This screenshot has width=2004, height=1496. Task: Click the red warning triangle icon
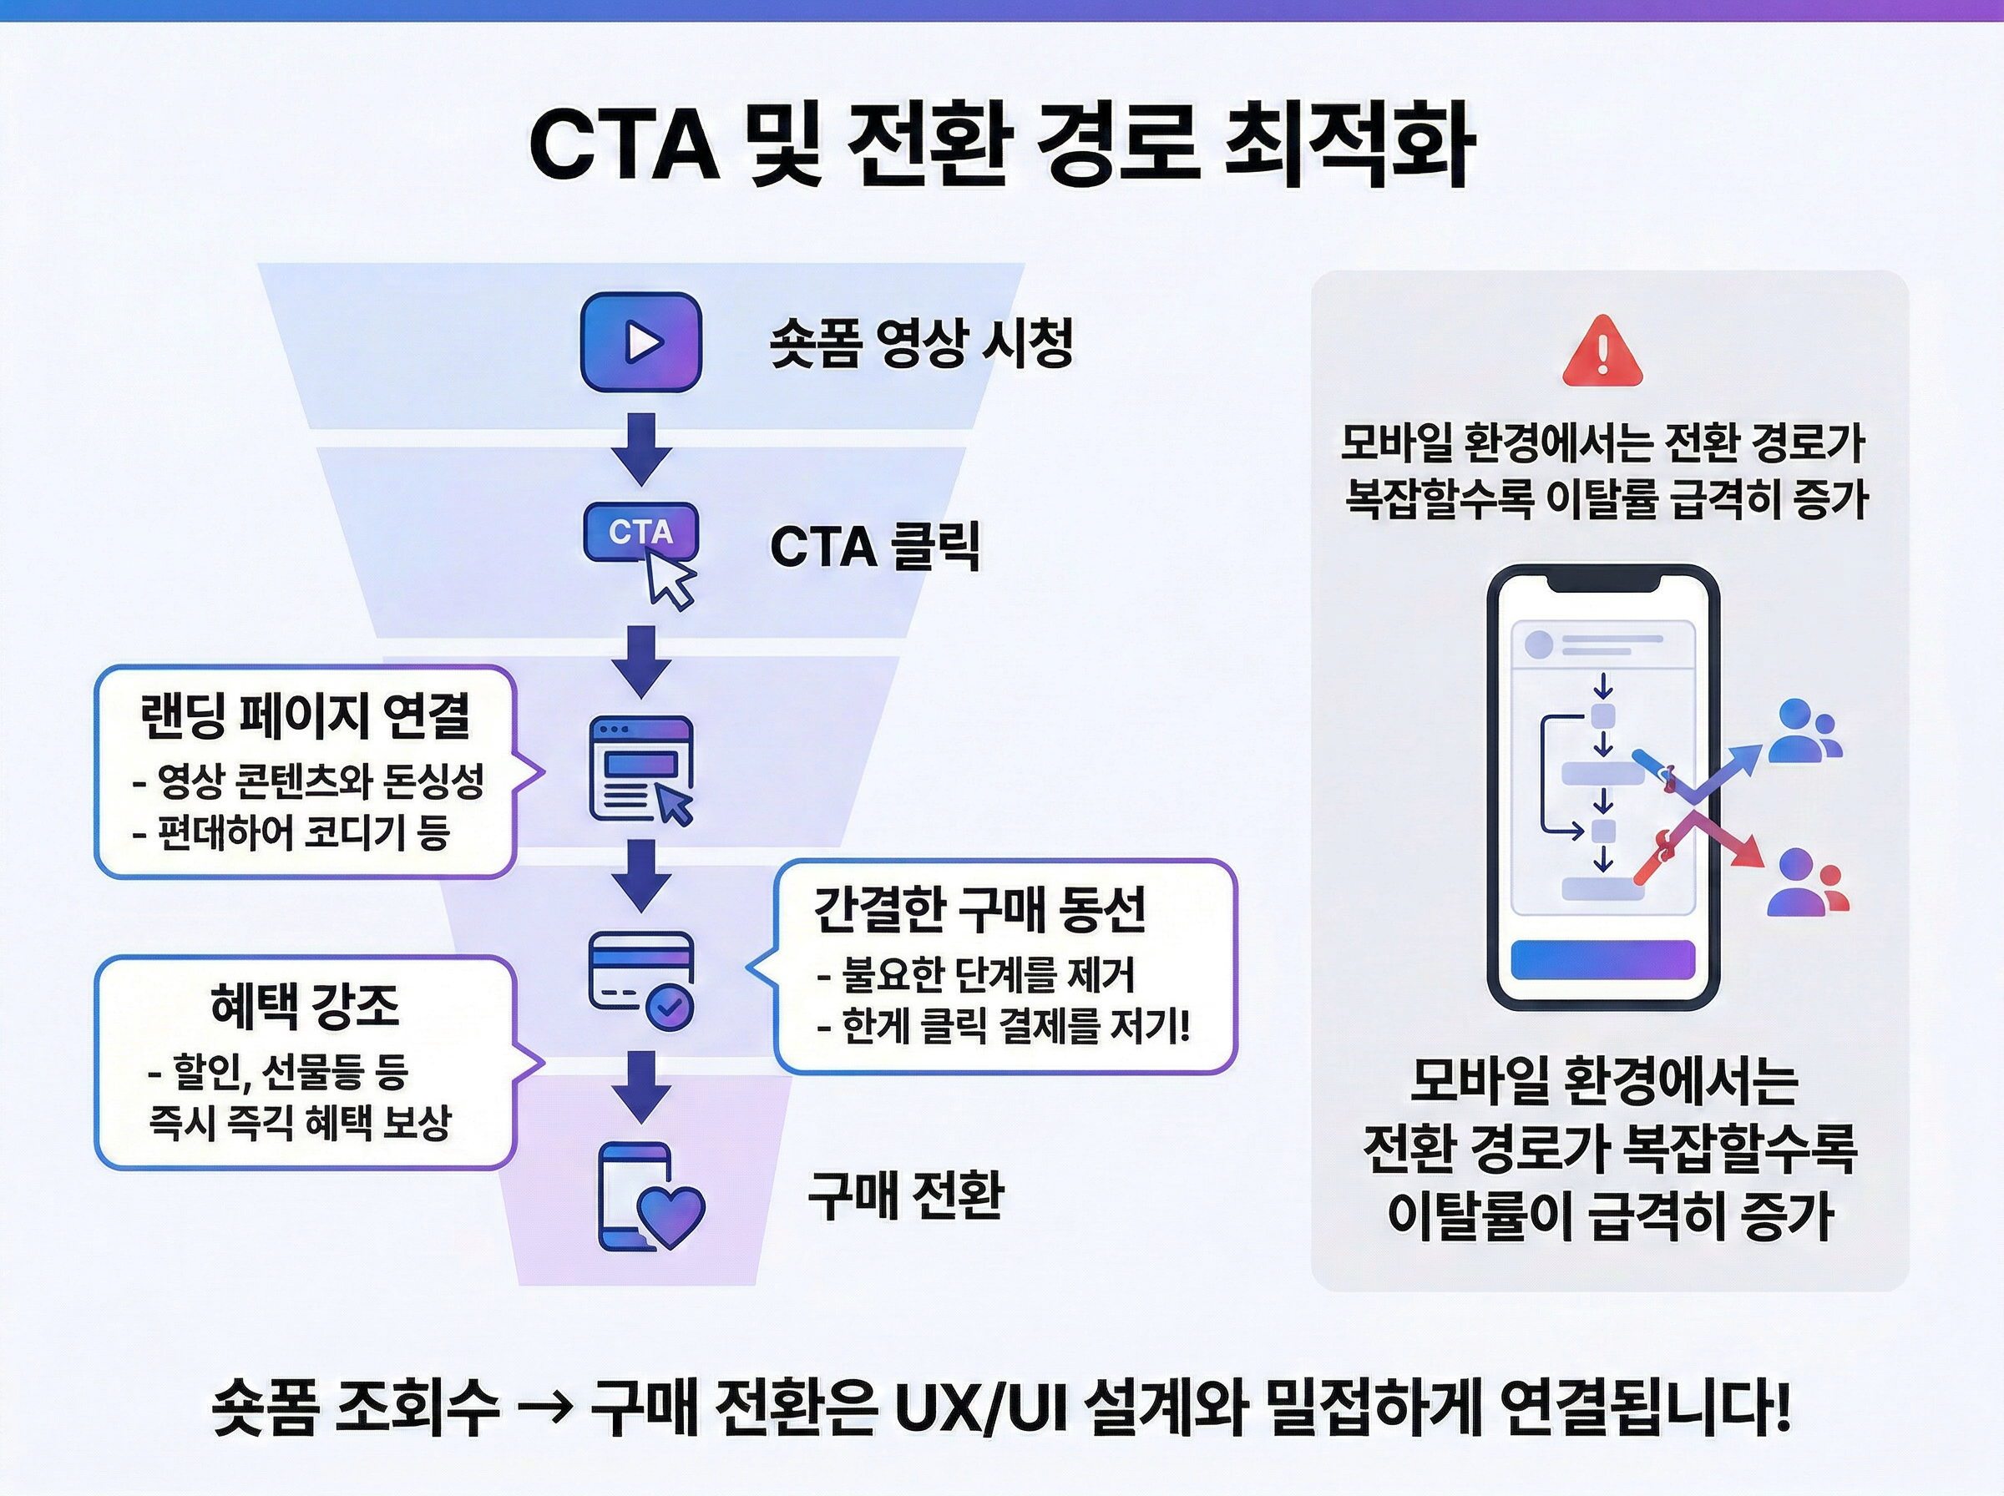point(1602,353)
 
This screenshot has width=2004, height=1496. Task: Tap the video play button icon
point(641,342)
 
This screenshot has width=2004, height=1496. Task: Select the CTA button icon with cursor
point(643,548)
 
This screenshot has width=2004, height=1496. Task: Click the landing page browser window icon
point(641,770)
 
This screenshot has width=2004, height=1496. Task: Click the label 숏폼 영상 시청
point(921,343)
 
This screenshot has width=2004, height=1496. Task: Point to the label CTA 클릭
point(875,546)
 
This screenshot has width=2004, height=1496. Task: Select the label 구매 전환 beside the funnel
point(904,1195)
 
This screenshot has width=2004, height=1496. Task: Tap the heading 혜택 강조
point(304,1005)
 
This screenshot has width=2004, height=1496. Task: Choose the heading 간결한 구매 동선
point(979,908)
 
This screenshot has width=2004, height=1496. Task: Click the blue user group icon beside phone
point(1804,730)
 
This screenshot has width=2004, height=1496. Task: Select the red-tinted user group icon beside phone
point(1808,882)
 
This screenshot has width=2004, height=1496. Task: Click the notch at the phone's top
point(1603,580)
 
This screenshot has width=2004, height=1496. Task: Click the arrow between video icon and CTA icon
point(642,449)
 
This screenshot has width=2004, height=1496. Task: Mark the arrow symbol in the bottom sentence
point(545,1408)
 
